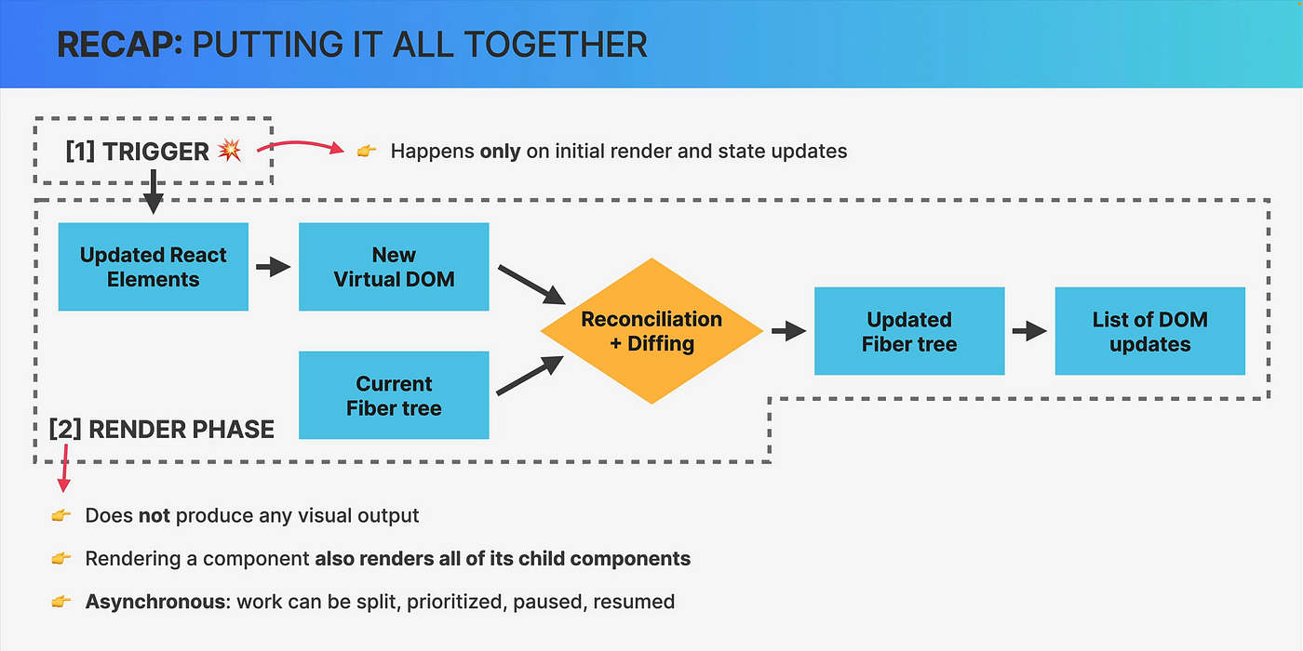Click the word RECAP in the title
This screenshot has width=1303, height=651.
click(x=120, y=45)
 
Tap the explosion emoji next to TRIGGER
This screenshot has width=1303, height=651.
click(x=230, y=150)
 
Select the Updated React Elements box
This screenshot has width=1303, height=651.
click(x=153, y=267)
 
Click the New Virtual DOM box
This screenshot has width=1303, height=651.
click(x=394, y=267)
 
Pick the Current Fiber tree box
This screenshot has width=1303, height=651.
click(x=394, y=395)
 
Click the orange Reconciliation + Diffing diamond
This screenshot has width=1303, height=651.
click(x=651, y=331)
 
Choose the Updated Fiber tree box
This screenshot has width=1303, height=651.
click(x=909, y=331)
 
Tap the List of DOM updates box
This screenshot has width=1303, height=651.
click(x=1150, y=331)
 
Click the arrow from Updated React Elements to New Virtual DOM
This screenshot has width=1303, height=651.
click(x=274, y=267)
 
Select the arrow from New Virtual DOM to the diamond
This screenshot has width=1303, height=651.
click(x=531, y=285)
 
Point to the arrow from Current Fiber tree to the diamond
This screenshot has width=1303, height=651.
click(x=530, y=376)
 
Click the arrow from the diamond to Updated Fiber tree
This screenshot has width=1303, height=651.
click(x=789, y=331)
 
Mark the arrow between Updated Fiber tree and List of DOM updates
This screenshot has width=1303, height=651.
click(x=1029, y=331)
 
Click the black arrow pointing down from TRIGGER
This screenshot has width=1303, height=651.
click(x=153, y=192)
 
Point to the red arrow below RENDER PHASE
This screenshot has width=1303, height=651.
click(x=64, y=468)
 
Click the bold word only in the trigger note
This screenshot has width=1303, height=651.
click(x=501, y=151)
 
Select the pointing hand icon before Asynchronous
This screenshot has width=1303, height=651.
click(x=61, y=601)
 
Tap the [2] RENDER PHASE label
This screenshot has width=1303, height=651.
click(x=162, y=430)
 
